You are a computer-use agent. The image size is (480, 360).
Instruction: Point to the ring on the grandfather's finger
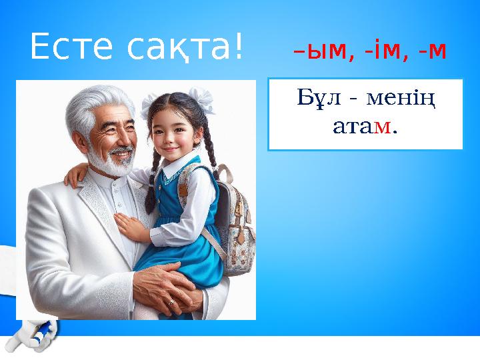click(x=172, y=304)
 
